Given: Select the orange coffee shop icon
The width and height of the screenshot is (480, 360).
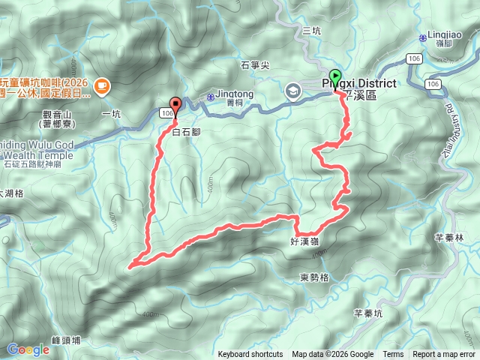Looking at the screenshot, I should pos(102,88).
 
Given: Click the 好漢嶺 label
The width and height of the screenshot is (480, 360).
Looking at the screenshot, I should pos(304,241).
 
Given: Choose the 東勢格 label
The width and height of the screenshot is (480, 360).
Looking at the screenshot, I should pos(314,277).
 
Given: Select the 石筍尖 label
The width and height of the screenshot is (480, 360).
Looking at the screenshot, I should pos(256,65).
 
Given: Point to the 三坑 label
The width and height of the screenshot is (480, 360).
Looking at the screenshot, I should pos(311,31).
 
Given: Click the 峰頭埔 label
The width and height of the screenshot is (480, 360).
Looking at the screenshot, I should pos(67,340).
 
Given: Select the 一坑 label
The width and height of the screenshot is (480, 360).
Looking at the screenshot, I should pos(110,114).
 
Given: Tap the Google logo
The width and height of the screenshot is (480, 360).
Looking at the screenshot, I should pos(28,349).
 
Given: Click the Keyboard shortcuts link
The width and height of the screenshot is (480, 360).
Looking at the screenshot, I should pos(250,355).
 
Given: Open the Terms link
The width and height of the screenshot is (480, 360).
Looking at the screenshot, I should pos(393,355).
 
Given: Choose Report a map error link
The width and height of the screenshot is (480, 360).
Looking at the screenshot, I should pos(444,355).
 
